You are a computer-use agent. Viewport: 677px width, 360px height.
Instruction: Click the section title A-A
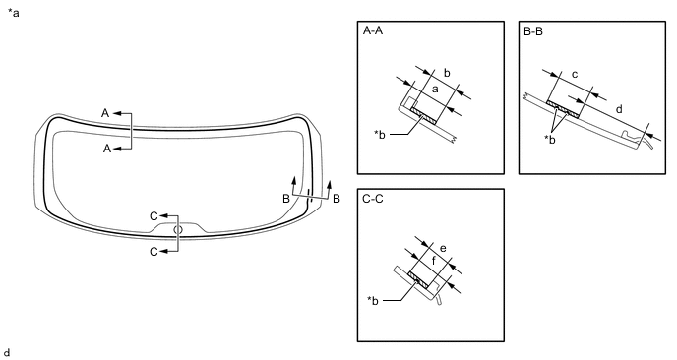click(373, 31)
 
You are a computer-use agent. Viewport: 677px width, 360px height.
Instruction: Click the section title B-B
click(533, 31)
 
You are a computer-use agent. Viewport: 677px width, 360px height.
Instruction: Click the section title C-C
click(373, 199)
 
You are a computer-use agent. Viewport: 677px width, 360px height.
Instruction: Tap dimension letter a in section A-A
click(435, 90)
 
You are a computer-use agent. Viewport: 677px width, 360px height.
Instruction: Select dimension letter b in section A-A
click(447, 73)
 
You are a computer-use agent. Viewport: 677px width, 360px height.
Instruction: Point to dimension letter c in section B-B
click(575, 75)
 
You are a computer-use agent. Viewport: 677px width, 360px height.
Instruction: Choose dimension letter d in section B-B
click(619, 109)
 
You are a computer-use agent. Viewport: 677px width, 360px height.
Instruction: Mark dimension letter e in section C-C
click(443, 249)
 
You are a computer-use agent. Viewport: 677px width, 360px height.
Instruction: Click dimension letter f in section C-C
click(434, 261)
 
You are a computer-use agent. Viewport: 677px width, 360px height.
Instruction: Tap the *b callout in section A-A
click(380, 134)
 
